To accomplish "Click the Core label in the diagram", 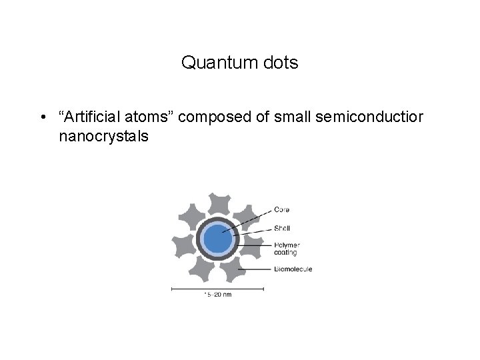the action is tap(281, 210).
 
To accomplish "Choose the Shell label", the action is tap(283, 229).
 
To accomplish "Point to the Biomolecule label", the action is tap(293, 269).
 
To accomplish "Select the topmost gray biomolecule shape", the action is tap(216, 203).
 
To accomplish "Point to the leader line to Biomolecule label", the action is tap(260, 269).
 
